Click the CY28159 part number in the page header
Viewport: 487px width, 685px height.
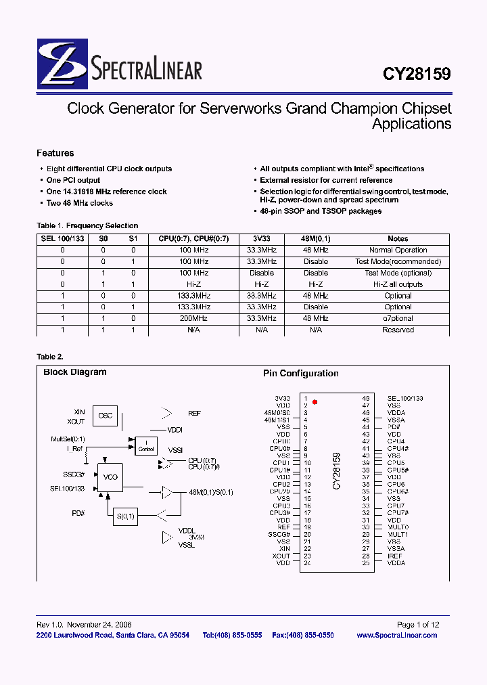pos(417,74)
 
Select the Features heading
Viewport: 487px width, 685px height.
pos(55,153)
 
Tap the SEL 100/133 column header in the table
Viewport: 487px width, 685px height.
pos(62,238)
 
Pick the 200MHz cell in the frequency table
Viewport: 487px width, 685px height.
pos(193,318)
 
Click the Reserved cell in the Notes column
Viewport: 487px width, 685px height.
pos(398,330)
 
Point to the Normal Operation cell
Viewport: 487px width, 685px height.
pos(398,250)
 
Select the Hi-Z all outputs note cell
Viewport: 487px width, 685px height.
pos(398,284)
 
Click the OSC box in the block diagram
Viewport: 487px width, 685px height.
pos(106,416)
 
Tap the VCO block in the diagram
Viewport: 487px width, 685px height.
pos(110,477)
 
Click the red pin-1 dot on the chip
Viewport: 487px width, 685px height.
pos(315,402)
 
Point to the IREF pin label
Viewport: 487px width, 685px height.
pos(394,556)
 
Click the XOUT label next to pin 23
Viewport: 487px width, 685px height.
pos(281,556)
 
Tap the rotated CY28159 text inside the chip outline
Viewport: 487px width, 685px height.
pos(336,471)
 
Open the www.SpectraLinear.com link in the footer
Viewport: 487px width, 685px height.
pos(396,635)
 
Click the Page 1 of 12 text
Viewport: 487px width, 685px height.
pos(417,625)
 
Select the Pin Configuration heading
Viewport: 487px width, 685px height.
pos(300,374)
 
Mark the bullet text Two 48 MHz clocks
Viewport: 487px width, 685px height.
pos(80,203)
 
